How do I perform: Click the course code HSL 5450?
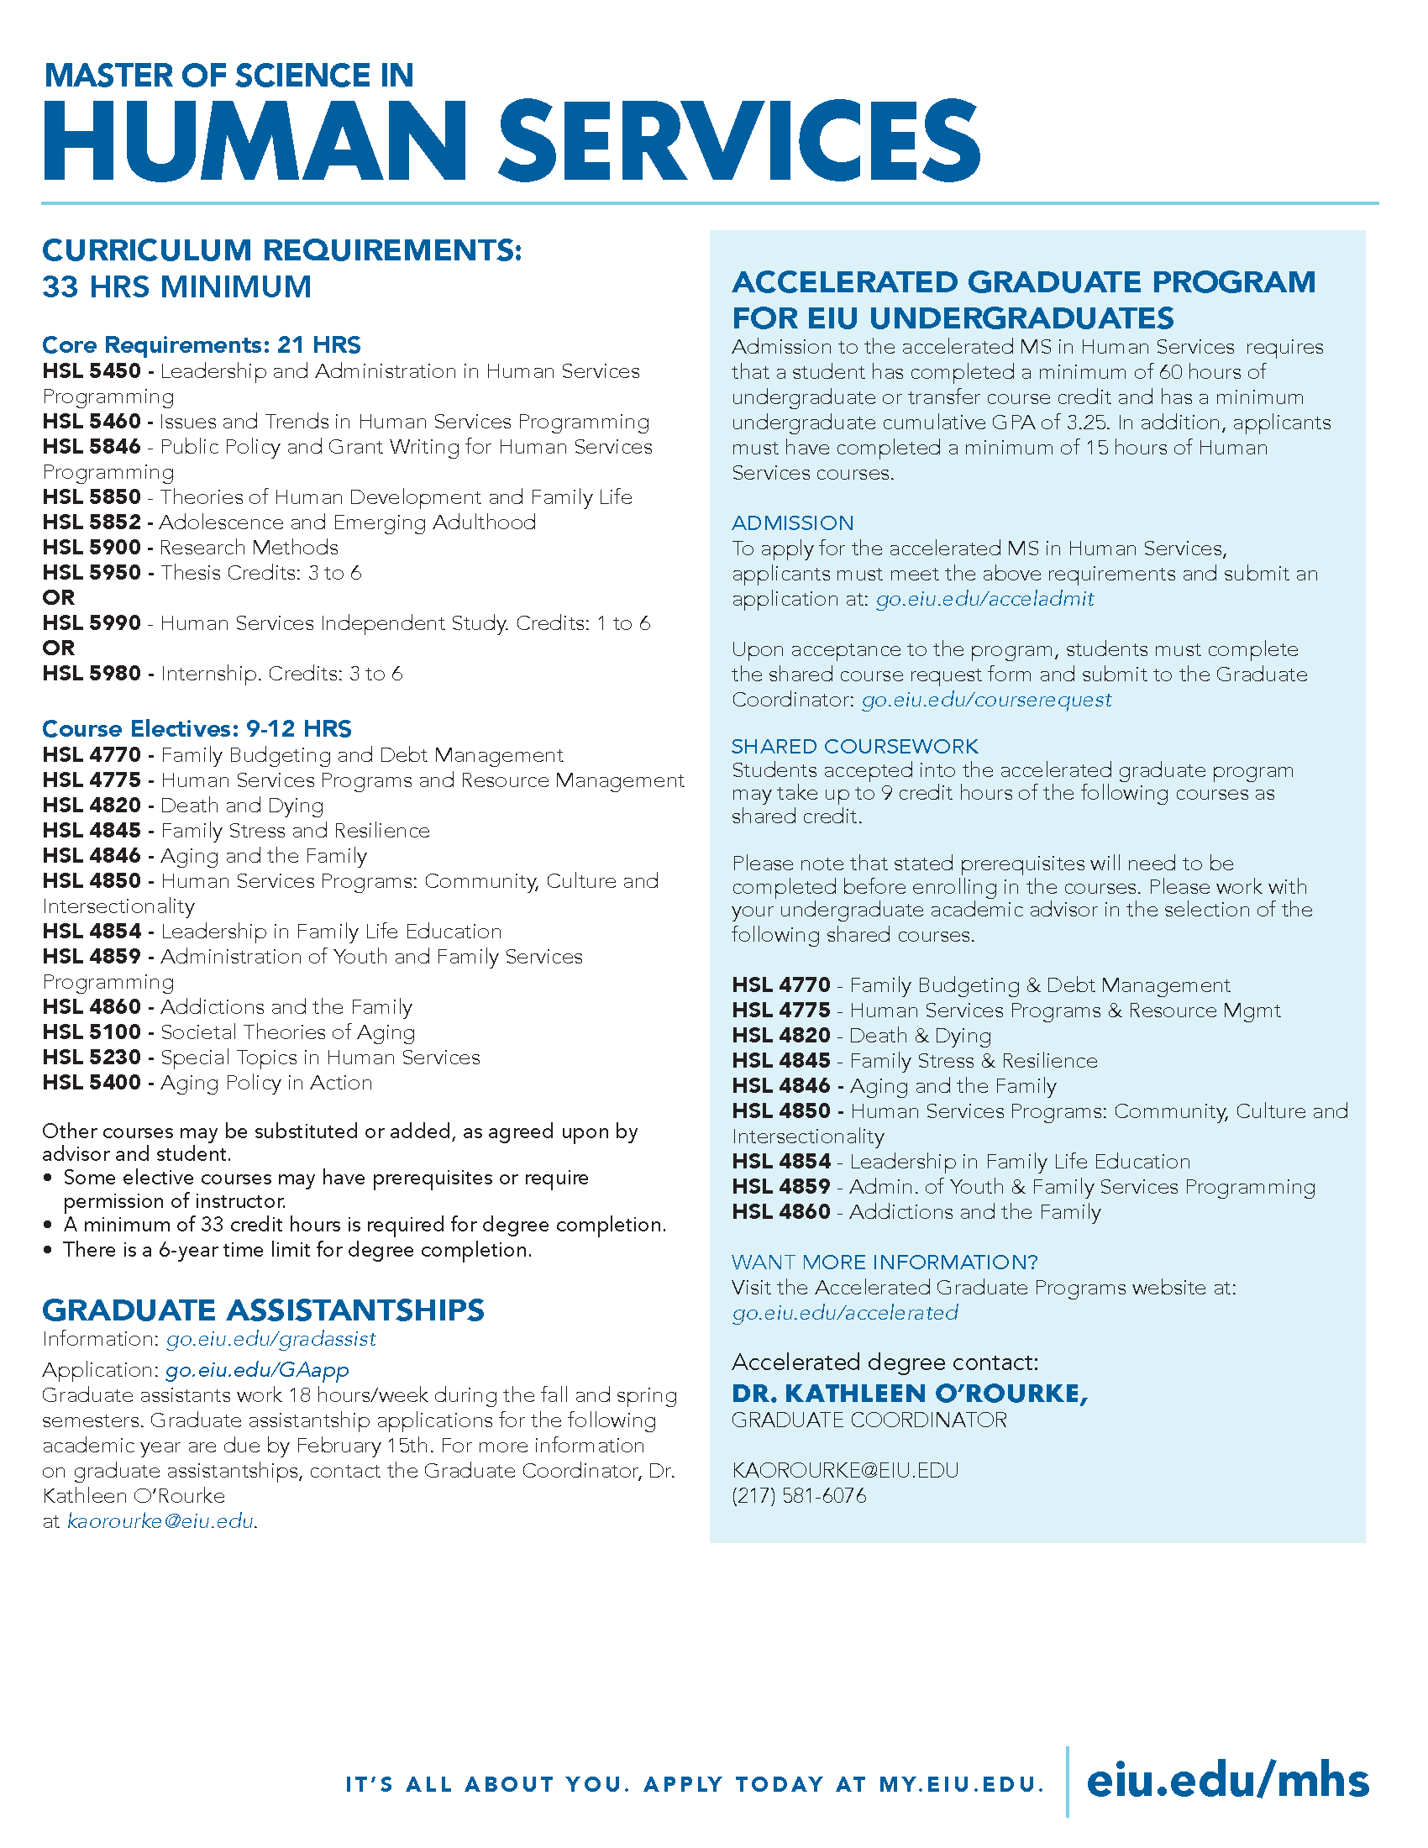click(x=92, y=371)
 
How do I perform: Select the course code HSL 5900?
click(x=92, y=548)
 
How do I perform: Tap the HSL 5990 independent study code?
click(x=92, y=623)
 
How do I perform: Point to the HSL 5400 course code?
click(x=92, y=1083)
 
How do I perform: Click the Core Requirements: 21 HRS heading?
click(x=202, y=345)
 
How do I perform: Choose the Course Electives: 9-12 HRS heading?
click(x=197, y=729)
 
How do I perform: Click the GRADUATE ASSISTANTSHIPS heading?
click(x=263, y=1310)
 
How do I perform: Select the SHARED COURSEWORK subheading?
click(x=854, y=746)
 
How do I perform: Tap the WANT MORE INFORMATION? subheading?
click(x=884, y=1263)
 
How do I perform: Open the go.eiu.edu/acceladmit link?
click(x=984, y=599)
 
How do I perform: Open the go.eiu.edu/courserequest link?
click(x=986, y=700)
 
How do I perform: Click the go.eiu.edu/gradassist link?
click(x=270, y=1340)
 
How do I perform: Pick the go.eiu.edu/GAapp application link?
click(x=257, y=1370)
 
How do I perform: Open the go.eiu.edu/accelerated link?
click(x=845, y=1313)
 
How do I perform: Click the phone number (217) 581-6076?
click(x=799, y=1496)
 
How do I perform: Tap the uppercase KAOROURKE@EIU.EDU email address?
click(x=845, y=1471)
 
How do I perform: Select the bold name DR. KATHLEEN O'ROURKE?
click(x=910, y=1394)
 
